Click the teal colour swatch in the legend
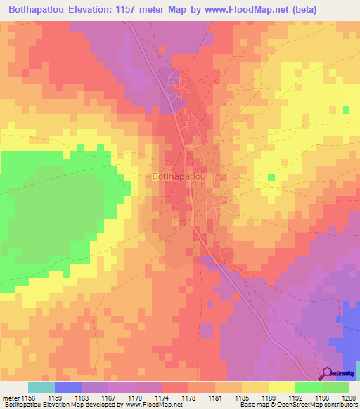(x=41, y=387)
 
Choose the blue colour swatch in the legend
(x=68, y=387)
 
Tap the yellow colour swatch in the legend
(x=281, y=387)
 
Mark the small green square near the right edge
(x=346, y=110)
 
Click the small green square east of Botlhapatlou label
(x=271, y=177)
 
